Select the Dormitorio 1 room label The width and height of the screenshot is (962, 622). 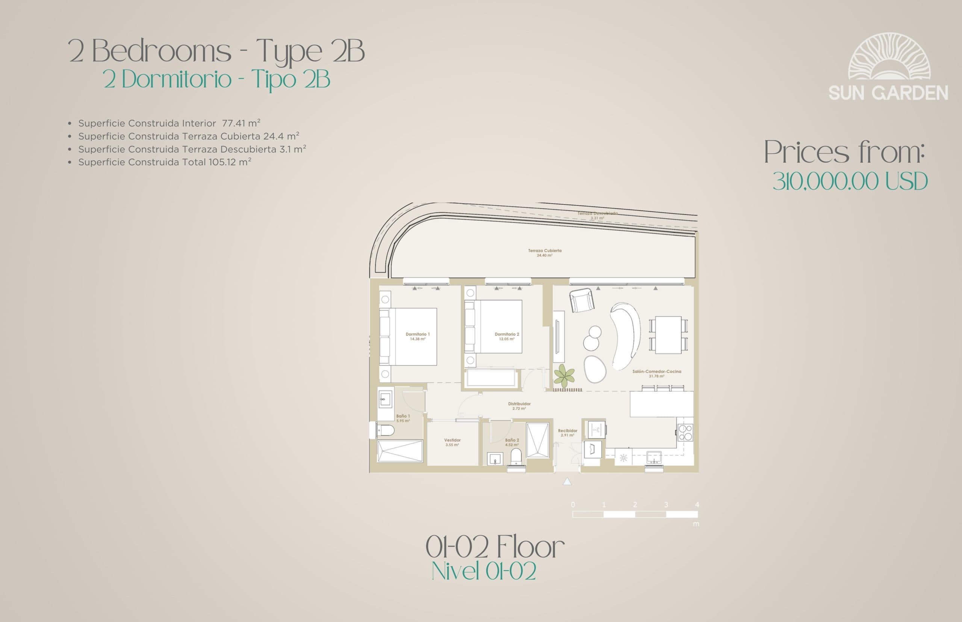point(417,334)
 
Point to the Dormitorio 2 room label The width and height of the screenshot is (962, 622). point(507,334)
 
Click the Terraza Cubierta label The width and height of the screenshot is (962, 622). point(545,251)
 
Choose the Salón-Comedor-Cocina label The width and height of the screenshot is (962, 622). point(656,371)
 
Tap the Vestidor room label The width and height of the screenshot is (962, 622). point(452,440)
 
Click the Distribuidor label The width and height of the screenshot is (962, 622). point(519,404)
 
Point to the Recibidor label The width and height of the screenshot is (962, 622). point(568,431)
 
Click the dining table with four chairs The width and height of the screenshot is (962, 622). point(668,335)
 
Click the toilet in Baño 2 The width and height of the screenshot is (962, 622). point(516,460)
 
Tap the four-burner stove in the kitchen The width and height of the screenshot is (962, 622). point(686,432)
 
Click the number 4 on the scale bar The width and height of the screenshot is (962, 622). point(697,504)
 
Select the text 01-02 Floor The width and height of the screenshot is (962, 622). point(495,547)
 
